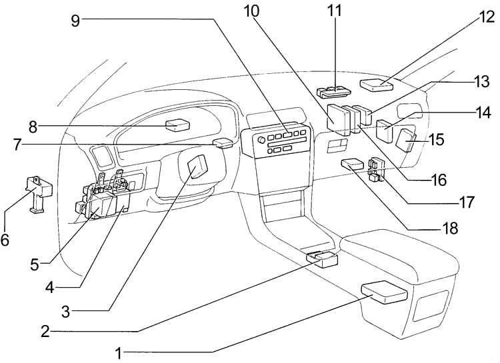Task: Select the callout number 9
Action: point(75,20)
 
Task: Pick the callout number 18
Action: point(451,228)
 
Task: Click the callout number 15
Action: point(437,139)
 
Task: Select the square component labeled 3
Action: point(199,167)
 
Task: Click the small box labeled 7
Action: point(223,141)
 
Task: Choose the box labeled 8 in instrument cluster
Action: point(178,124)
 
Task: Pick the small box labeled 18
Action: point(351,164)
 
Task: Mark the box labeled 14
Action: point(385,128)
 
